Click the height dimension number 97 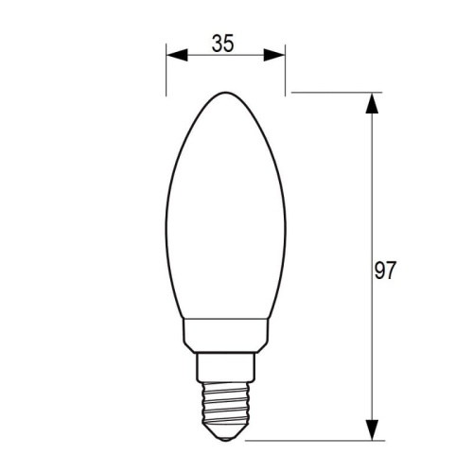coord(384,272)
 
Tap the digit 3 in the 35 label coord(217,43)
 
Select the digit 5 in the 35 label coord(229,43)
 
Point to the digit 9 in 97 coord(378,272)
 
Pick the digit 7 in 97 coord(390,272)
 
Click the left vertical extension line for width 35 coord(166,71)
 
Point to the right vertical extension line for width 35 coord(286,71)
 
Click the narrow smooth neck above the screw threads coord(225,363)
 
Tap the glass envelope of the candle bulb coord(225,218)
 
